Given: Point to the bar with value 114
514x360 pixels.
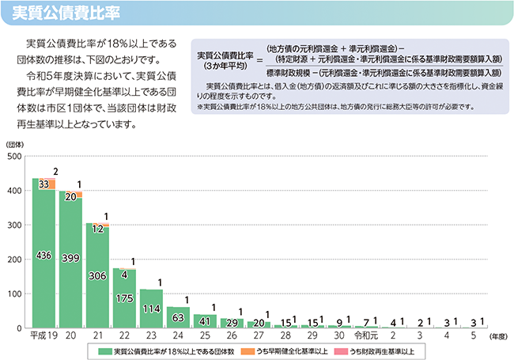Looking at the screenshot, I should tap(151, 309).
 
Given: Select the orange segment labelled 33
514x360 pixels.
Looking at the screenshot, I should tap(44, 184).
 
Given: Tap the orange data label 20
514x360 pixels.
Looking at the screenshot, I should tap(71, 195).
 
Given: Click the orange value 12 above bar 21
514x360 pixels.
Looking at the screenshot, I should tap(98, 228).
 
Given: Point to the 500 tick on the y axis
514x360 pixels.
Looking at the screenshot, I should tap(14, 157).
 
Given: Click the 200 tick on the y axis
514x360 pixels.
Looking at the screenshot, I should tap(14, 260).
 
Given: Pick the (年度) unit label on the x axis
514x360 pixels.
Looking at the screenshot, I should tap(497, 336).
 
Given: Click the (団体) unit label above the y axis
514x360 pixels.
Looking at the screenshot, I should tap(16, 144).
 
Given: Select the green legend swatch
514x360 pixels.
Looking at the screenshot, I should tap(104, 351).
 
